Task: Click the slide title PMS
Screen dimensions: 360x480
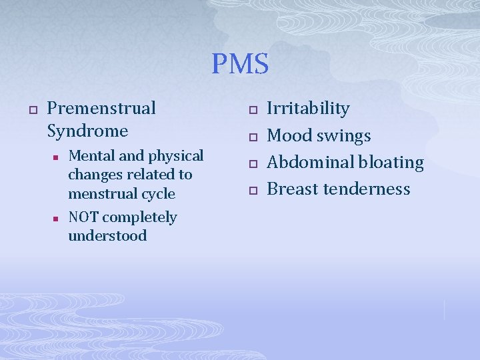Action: [x=240, y=65]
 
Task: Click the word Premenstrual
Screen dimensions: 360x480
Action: [x=101, y=108]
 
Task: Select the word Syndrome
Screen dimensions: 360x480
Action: [x=87, y=130]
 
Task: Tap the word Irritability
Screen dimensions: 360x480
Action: [x=308, y=109]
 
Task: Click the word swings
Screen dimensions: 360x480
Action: [x=345, y=136]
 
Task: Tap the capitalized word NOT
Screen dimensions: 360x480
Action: [x=84, y=217]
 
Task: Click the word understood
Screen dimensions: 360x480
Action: [x=107, y=237]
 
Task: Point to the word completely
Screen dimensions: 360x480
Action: [x=140, y=217]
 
